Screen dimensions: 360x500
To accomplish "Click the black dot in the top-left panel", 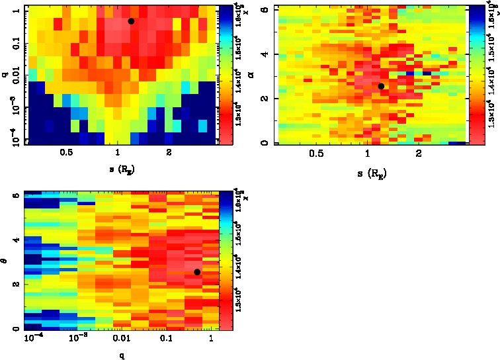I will pyautogui.click(x=131, y=21).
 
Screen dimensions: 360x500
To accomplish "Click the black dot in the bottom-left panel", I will pyautogui.click(x=197, y=272).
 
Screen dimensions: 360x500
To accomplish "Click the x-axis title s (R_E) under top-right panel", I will pyautogui.click(x=369, y=175).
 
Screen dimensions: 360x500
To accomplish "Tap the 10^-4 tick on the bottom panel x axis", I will pyautogui.click(x=31, y=339).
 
